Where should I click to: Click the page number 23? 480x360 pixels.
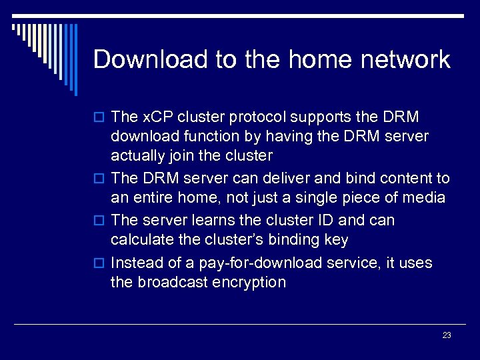pos(446,335)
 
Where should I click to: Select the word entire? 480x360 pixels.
pos(153,198)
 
